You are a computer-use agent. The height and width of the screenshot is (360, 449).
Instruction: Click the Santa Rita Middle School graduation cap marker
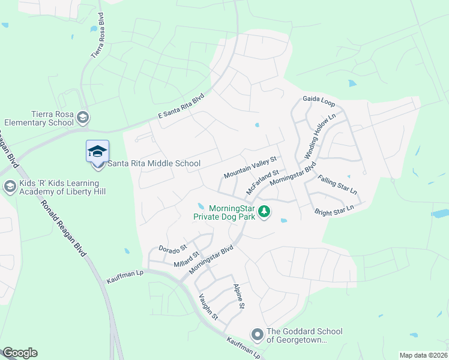(x=97, y=151)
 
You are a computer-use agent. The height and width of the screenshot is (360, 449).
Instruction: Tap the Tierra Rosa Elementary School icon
(x=83, y=117)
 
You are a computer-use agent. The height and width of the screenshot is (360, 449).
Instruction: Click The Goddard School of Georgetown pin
(x=258, y=334)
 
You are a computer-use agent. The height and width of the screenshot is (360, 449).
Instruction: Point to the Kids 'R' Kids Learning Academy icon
(x=10, y=186)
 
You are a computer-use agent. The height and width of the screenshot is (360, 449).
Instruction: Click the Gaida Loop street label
(x=319, y=98)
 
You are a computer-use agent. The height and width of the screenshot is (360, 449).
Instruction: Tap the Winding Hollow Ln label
(x=319, y=134)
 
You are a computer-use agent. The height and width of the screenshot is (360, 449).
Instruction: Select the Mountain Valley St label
(x=250, y=168)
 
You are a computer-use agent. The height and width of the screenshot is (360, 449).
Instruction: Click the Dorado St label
(x=173, y=247)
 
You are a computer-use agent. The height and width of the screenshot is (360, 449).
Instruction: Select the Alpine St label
(x=238, y=296)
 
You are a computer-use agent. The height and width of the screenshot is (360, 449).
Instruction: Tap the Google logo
(x=20, y=353)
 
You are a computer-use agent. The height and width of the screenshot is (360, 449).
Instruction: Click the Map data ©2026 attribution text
(x=423, y=355)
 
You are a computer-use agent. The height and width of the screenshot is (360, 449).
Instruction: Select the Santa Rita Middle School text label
(x=153, y=163)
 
